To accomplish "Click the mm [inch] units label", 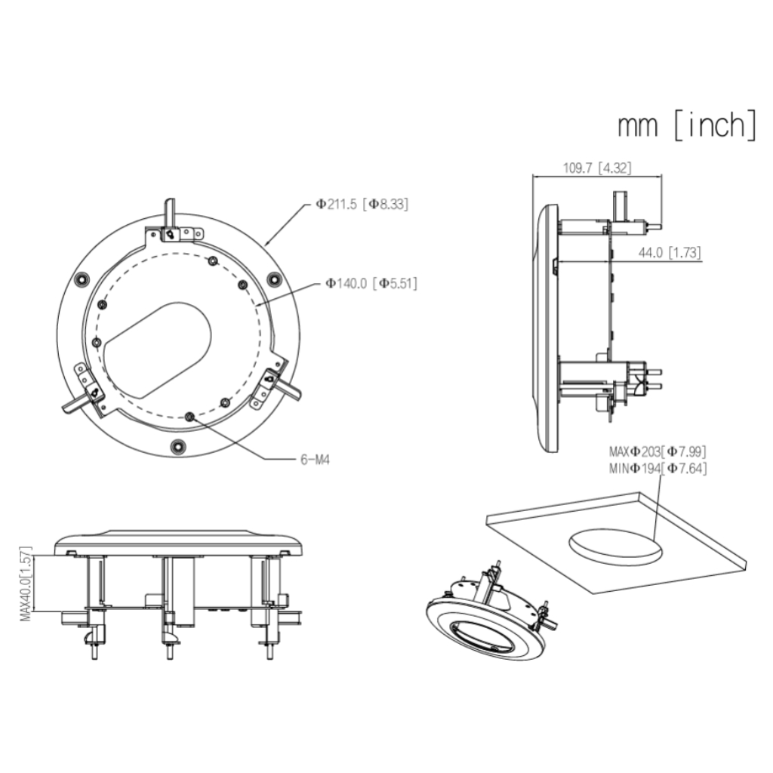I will click(686, 125).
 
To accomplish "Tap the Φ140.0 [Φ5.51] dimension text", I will click(371, 283).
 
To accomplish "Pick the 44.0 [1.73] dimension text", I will click(668, 254).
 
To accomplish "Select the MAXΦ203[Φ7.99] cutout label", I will click(658, 452).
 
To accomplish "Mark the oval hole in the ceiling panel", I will click(615, 546).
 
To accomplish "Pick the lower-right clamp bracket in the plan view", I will click(273, 383).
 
